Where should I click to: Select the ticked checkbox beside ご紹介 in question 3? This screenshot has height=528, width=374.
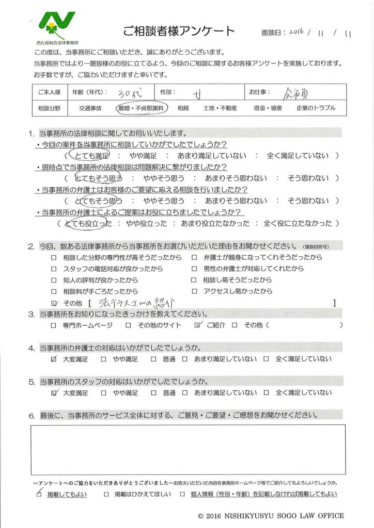(x=197, y=325)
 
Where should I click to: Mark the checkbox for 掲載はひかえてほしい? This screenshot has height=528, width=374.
(x=106, y=494)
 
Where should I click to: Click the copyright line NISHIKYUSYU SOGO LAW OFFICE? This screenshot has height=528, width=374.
(x=271, y=516)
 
